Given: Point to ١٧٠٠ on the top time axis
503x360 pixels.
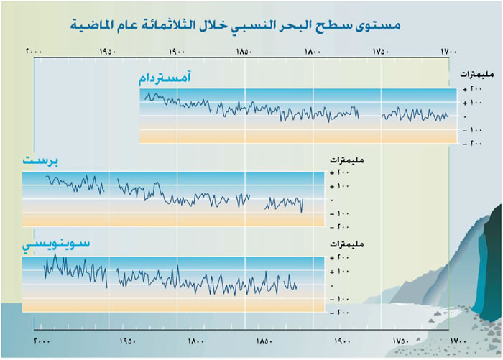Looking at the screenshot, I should coord(448,52).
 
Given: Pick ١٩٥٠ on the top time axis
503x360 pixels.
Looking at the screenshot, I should coord(108,52).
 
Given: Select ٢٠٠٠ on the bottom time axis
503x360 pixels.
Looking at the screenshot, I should coord(42,341).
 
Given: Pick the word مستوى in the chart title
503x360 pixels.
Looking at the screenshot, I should coord(375,25).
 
